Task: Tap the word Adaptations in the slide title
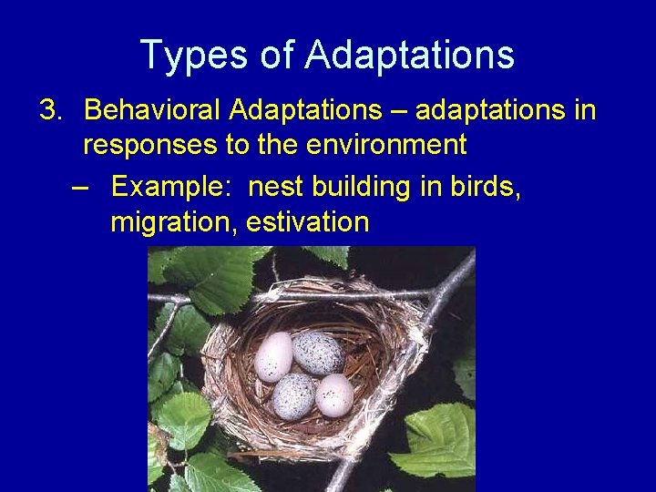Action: (x=409, y=55)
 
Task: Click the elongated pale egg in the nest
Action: (x=273, y=356)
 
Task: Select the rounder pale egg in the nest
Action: (x=334, y=395)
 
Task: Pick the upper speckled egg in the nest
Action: (x=317, y=353)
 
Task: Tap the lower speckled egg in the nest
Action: (x=294, y=396)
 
